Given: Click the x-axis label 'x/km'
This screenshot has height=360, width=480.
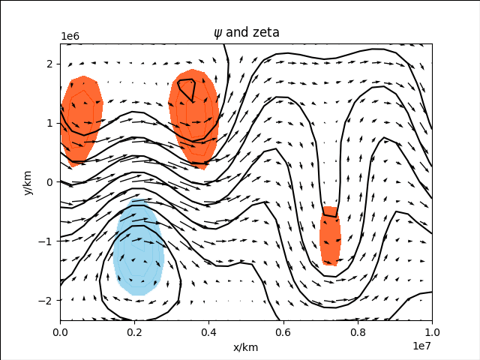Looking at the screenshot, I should [x=246, y=347].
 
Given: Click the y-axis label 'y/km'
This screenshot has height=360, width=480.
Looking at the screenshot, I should [x=28, y=182].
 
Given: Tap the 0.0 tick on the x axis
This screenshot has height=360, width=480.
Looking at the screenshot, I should [x=61, y=333].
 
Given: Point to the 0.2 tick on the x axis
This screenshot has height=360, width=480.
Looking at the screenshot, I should [x=135, y=333].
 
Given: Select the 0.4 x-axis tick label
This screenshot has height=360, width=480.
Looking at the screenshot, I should [x=209, y=333].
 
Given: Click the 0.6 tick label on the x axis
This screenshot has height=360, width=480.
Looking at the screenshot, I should [x=283, y=333].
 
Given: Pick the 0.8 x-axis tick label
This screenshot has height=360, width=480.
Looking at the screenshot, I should [x=358, y=333].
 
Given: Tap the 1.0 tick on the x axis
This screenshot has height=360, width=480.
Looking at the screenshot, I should [x=432, y=333].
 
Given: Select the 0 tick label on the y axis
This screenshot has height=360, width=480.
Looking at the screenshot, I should [x=51, y=182].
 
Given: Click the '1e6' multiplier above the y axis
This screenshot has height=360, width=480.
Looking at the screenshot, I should [x=70, y=37].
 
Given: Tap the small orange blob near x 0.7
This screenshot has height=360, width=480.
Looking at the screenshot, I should [x=330, y=236].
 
